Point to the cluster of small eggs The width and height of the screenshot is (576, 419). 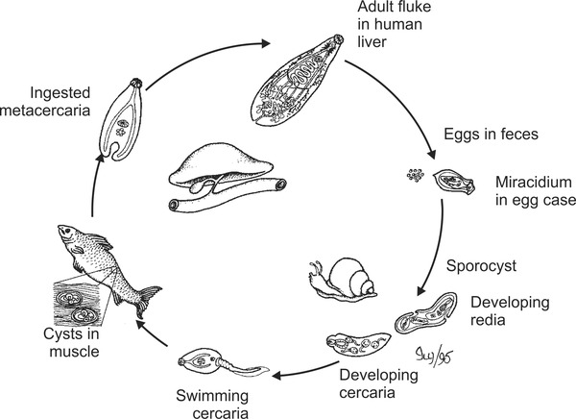pyautogui.click(x=415, y=176)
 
